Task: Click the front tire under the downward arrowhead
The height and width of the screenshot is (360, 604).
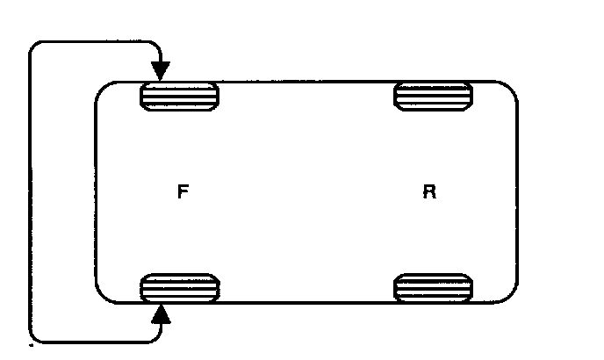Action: pos(179,95)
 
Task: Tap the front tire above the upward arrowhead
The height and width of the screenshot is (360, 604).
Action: pos(179,287)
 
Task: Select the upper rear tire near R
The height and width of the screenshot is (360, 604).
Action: pos(433,95)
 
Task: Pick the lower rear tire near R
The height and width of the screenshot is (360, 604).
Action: pos(433,287)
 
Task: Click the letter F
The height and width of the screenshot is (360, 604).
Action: pos(181,192)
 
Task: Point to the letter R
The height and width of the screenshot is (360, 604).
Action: pos(429,192)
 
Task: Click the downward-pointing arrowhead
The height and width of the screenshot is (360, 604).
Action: pos(161,69)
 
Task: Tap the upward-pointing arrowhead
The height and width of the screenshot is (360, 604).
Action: pos(161,313)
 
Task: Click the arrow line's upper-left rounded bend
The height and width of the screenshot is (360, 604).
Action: pos(36,47)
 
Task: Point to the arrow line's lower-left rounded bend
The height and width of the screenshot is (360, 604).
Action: pos(36,335)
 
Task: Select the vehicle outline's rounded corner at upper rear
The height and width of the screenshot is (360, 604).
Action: pos(508,89)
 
